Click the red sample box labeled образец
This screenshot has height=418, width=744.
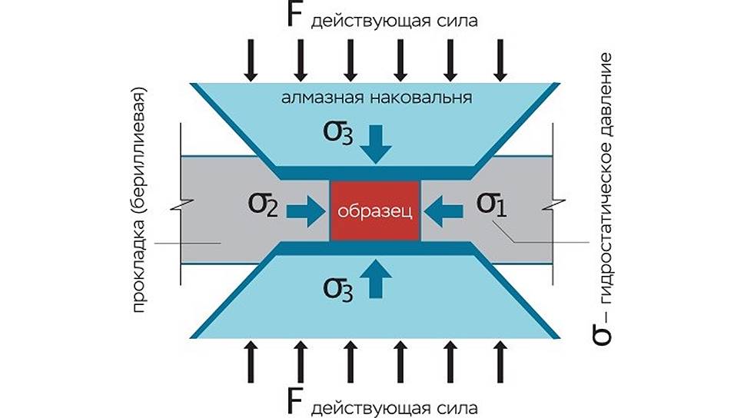point(375,211)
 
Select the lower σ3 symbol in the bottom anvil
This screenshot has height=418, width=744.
point(339,286)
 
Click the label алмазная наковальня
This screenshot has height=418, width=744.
point(376,98)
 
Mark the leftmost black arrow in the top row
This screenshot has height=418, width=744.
point(251,61)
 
